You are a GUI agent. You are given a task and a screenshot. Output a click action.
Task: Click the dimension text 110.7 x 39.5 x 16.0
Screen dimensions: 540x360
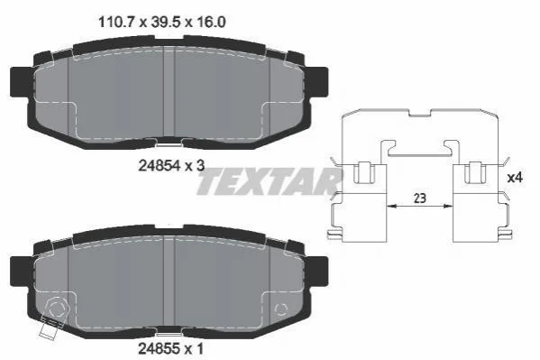(x=162, y=23)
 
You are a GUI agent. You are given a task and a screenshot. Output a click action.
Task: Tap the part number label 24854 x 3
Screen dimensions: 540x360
(x=171, y=166)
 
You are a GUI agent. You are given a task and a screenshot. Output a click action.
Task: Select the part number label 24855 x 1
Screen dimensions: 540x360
(x=170, y=348)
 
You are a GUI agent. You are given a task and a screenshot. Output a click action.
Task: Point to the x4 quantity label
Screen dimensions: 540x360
(x=515, y=178)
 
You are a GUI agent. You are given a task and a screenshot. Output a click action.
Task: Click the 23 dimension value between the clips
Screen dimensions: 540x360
(x=419, y=198)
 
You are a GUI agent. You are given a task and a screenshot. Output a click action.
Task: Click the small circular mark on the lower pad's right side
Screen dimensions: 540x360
(x=280, y=309)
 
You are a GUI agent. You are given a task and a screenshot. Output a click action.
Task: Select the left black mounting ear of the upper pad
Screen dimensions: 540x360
(x=20, y=82)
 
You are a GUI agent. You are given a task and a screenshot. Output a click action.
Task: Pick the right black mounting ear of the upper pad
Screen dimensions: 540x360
(x=317, y=82)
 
